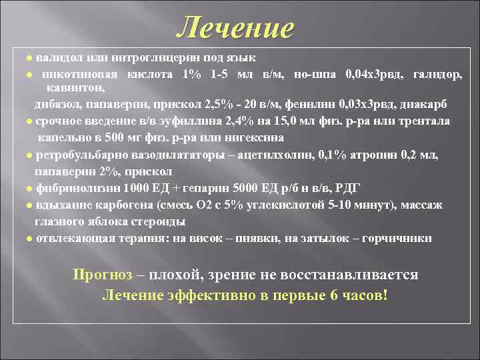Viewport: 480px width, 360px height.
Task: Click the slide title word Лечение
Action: (236, 27)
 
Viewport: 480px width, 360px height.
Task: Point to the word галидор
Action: (437, 73)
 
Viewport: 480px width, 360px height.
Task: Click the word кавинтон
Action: (74, 87)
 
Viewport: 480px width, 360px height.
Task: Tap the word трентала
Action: (425, 121)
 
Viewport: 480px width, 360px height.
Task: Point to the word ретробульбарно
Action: (79, 155)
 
